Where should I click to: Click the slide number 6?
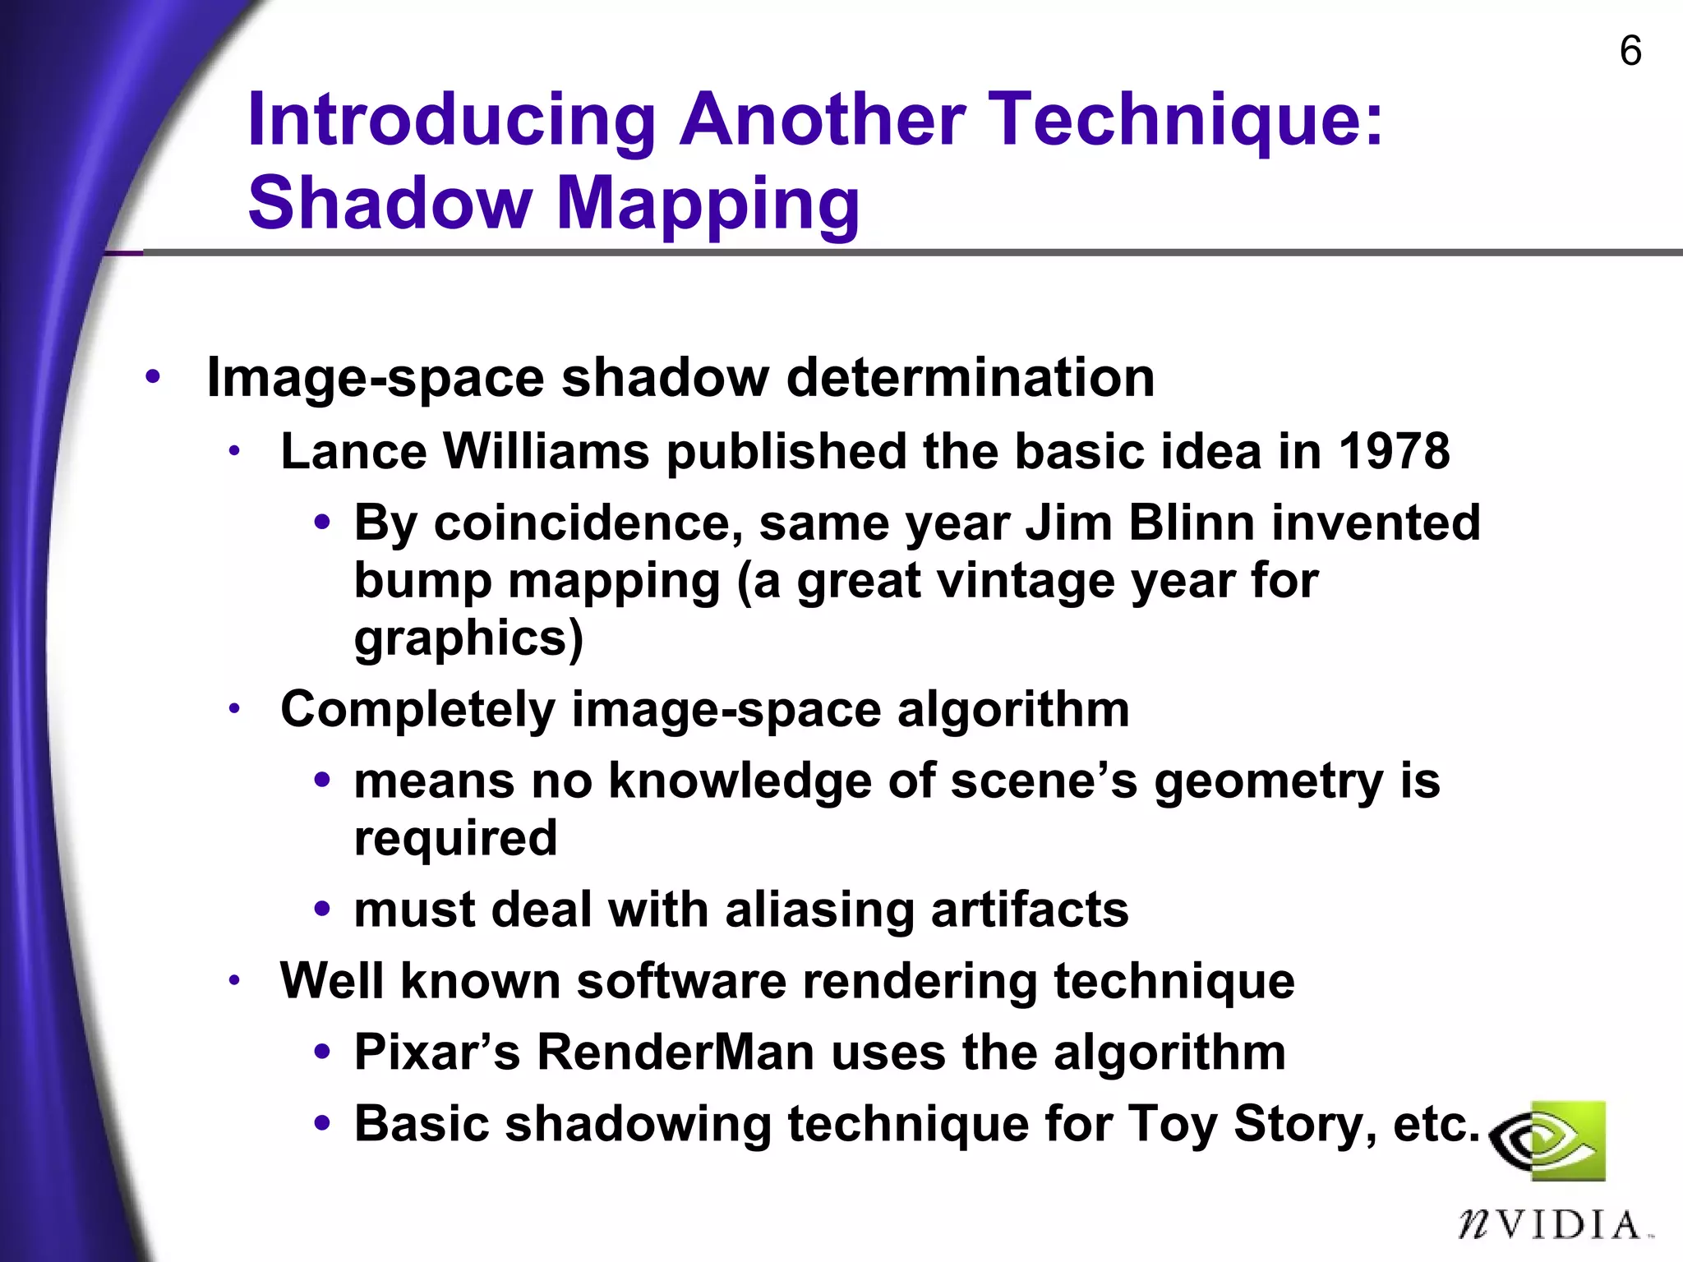(x=1630, y=51)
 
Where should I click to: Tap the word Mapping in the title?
(x=708, y=205)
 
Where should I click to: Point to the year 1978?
(x=1394, y=451)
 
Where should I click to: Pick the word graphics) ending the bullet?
(x=468, y=639)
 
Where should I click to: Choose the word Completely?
(x=417, y=710)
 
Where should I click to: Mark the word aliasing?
(x=818, y=910)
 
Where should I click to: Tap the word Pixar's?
(x=437, y=1052)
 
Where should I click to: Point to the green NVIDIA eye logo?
(x=1548, y=1140)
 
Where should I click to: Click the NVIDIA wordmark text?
(x=1552, y=1224)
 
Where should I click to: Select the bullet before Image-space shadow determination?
(x=153, y=377)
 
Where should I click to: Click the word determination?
(x=970, y=377)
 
